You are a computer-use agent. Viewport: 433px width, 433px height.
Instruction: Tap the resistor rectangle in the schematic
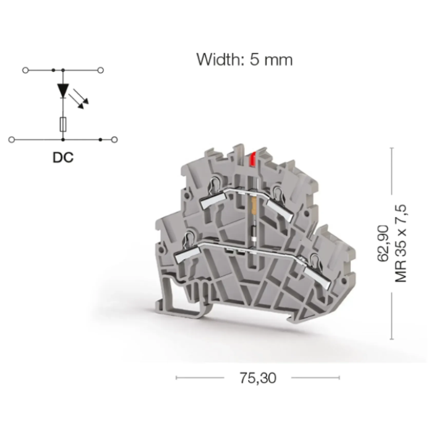click(x=63, y=124)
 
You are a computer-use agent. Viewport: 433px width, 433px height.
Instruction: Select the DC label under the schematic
click(x=63, y=157)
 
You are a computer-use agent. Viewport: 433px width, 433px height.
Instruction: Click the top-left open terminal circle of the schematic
click(x=25, y=71)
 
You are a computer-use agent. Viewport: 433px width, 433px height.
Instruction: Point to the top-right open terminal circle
click(x=100, y=71)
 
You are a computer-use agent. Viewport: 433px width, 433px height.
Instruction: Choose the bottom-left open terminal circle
click(x=12, y=140)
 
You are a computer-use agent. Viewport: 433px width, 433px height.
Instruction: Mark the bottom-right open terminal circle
click(x=114, y=140)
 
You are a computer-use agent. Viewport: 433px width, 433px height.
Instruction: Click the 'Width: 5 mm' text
click(x=244, y=59)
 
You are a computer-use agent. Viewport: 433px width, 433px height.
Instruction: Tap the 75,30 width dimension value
click(x=258, y=378)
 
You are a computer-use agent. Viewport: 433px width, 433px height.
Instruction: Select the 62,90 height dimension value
click(x=384, y=243)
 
